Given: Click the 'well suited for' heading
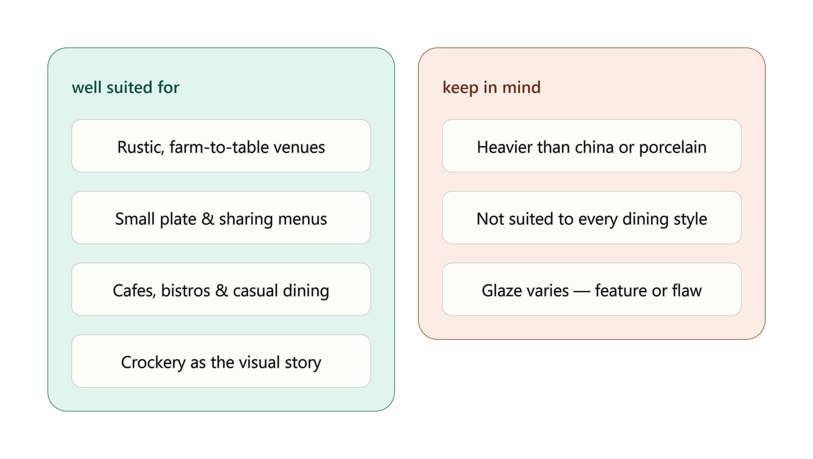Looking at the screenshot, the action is click(125, 87).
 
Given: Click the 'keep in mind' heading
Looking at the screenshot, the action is click(491, 87).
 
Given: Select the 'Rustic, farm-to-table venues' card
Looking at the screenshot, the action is click(221, 146).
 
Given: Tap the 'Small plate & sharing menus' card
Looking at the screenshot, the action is click(221, 217).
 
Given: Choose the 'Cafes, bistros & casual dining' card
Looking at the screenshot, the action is click(221, 289).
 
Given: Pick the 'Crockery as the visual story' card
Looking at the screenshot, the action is click(221, 361).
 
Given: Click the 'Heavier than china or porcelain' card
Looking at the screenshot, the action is click(592, 146).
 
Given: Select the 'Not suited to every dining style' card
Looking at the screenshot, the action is click(592, 217).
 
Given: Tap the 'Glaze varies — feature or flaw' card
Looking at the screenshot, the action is click(592, 289).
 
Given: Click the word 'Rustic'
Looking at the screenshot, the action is click(140, 147).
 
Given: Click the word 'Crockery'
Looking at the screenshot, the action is click(153, 363).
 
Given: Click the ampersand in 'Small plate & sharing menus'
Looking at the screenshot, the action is click(208, 219).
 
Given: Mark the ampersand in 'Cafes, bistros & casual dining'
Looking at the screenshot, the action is click(221, 290).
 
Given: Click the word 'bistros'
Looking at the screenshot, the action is click(186, 290).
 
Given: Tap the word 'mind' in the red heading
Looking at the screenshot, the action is click(521, 87).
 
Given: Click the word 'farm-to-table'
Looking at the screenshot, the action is click(219, 147).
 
